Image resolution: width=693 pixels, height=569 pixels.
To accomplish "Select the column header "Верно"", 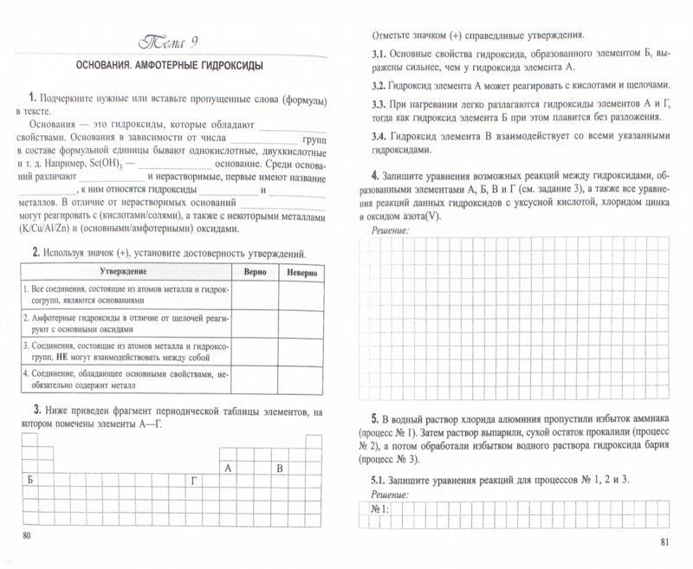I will pyautogui.click(x=255, y=273).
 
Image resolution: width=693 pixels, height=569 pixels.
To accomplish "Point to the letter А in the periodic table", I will pyautogui.click(x=228, y=469).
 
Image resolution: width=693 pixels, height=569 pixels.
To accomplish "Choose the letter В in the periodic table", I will pyautogui.click(x=279, y=469).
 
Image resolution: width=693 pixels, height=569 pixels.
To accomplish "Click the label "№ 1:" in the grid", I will pyautogui.click(x=380, y=509).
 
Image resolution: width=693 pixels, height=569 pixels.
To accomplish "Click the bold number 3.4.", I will pyautogui.click(x=379, y=137).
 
